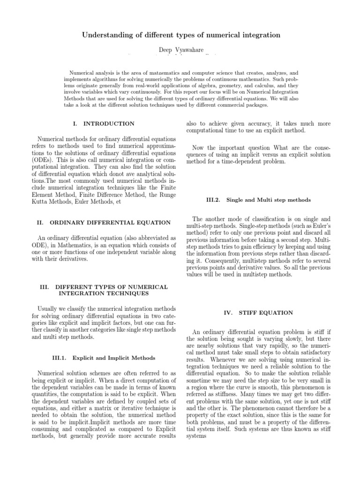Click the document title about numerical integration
click(181, 35)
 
